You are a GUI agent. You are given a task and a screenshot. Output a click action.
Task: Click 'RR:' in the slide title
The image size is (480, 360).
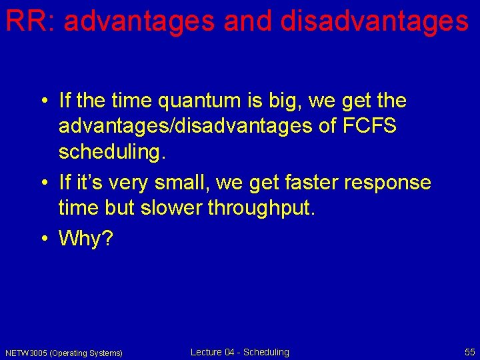click(x=29, y=21)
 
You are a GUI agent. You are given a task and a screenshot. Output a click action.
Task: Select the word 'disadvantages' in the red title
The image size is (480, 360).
click(x=375, y=21)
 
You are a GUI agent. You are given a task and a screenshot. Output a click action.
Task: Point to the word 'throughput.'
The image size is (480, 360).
click(x=261, y=207)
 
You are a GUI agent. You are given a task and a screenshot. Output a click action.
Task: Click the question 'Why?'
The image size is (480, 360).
click(x=86, y=238)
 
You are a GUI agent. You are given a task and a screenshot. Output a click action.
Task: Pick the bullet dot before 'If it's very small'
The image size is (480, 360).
click(x=43, y=182)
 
